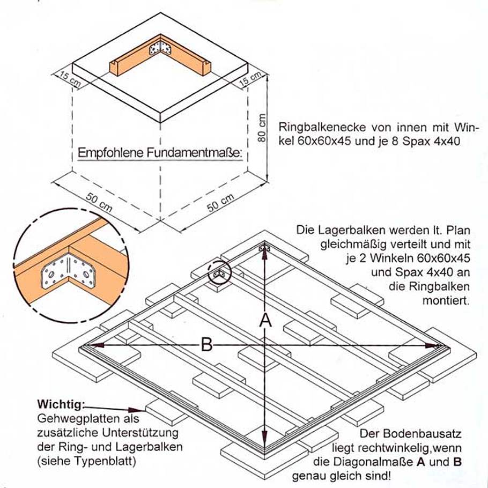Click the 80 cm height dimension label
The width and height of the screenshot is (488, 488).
pos(262,128)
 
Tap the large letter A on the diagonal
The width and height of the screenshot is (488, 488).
pos(264,320)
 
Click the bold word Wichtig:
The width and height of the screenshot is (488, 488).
pos(61,404)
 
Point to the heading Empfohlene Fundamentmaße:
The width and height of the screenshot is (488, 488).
pos(160,153)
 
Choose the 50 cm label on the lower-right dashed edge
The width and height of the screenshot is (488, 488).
pos(220,203)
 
